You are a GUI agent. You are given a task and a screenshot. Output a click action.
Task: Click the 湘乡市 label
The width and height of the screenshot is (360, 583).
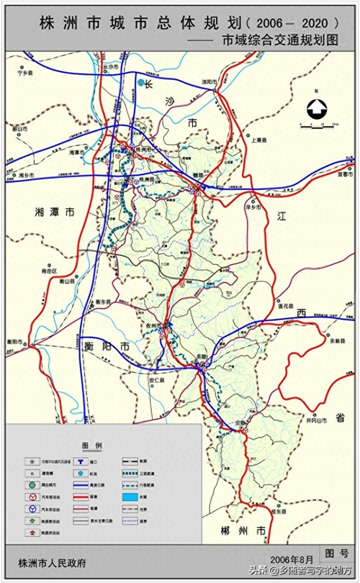27,175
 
